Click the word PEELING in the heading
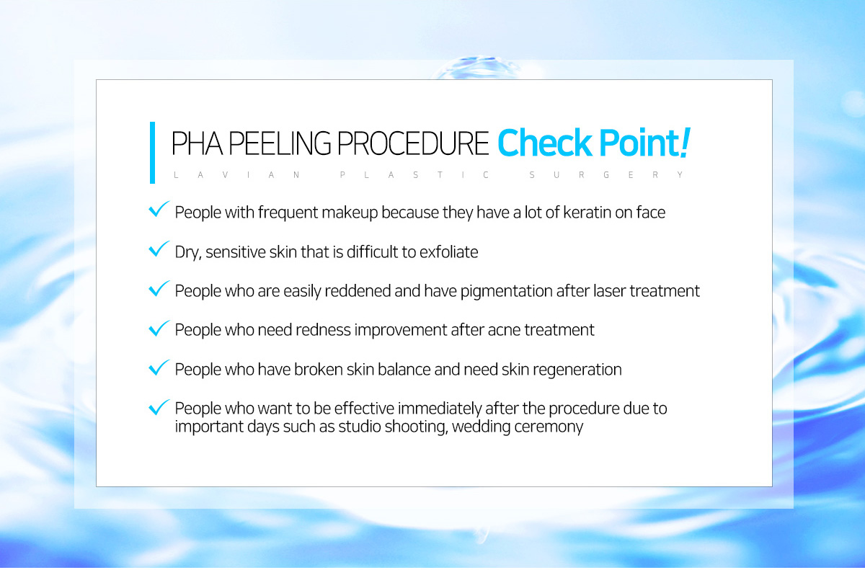click(280, 143)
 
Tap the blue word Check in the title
click(544, 143)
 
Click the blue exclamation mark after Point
click(683, 143)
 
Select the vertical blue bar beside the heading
click(152, 153)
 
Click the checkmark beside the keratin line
click(159, 209)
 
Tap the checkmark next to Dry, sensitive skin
click(159, 249)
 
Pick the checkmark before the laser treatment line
click(159, 288)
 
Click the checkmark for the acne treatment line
click(159, 328)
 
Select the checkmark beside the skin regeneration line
click(159, 368)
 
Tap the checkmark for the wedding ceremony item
click(159, 407)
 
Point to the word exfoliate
click(448, 252)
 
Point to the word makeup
click(350, 213)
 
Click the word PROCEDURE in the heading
click(413, 143)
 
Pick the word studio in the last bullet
click(360, 427)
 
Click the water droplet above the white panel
click(477, 68)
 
